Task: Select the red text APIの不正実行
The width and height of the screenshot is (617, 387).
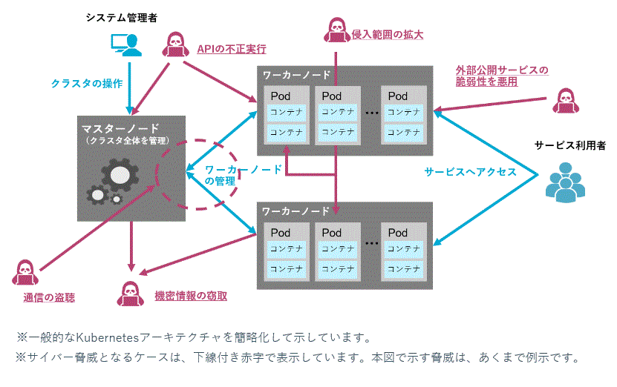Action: pos(231,49)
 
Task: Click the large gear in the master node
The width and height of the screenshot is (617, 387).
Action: pos(119,175)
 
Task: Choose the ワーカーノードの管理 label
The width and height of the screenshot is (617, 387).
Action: pos(242,175)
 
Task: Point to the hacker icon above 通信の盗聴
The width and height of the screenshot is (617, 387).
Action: pos(24,271)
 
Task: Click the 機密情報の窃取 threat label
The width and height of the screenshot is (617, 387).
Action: pos(191,296)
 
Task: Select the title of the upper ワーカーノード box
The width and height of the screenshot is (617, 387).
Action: pos(296,76)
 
